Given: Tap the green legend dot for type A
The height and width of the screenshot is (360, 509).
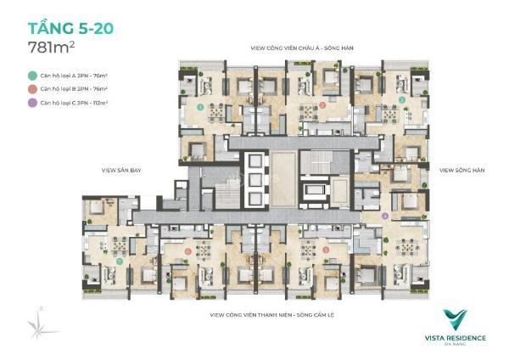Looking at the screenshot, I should coord(31,76).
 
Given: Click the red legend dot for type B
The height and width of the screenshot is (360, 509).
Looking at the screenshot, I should coord(31,88).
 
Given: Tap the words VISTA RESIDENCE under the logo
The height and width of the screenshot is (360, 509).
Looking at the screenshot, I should coord(456,337).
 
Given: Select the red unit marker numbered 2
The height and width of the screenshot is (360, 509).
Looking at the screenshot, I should coord(322,105).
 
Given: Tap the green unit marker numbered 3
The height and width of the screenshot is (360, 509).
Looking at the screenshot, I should coord(401,100).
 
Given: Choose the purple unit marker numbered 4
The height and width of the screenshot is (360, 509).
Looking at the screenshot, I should coord(386,216).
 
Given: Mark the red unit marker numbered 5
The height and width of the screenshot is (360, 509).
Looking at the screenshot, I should coord(327,249).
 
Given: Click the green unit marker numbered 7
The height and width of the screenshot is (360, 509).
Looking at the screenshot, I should coord(120,262).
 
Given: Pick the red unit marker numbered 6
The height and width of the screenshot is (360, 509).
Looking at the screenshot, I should coord(187,252).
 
